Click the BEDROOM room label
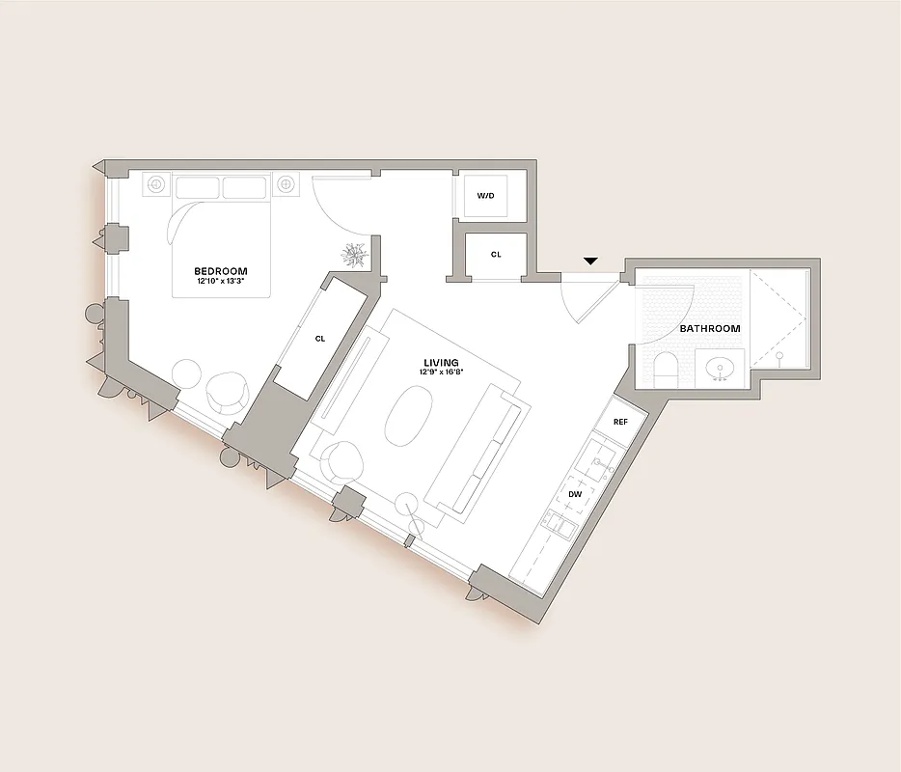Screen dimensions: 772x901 (x=221, y=271)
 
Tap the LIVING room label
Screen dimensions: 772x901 (x=440, y=363)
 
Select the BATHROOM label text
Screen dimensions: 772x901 (x=710, y=329)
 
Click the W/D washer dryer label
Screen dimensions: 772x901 (x=485, y=196)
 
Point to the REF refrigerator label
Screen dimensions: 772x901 (x=620, y=422)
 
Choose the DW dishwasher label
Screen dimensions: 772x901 (x=575, y=494)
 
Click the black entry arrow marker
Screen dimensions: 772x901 (x=591, y=261)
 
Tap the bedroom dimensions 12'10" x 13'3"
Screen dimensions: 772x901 (x=221, y=282)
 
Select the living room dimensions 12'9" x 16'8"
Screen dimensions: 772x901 (x=440, y=372)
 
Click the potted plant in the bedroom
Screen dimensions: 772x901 (x=354, y=254)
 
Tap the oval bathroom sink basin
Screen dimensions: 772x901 (x=719, y=368)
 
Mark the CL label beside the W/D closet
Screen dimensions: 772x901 (x=496, y=255)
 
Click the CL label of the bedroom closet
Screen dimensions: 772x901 (x=319, y=339)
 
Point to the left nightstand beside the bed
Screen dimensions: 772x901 (x=156, y=184)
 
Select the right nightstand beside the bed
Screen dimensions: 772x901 (x=286, y=184)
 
